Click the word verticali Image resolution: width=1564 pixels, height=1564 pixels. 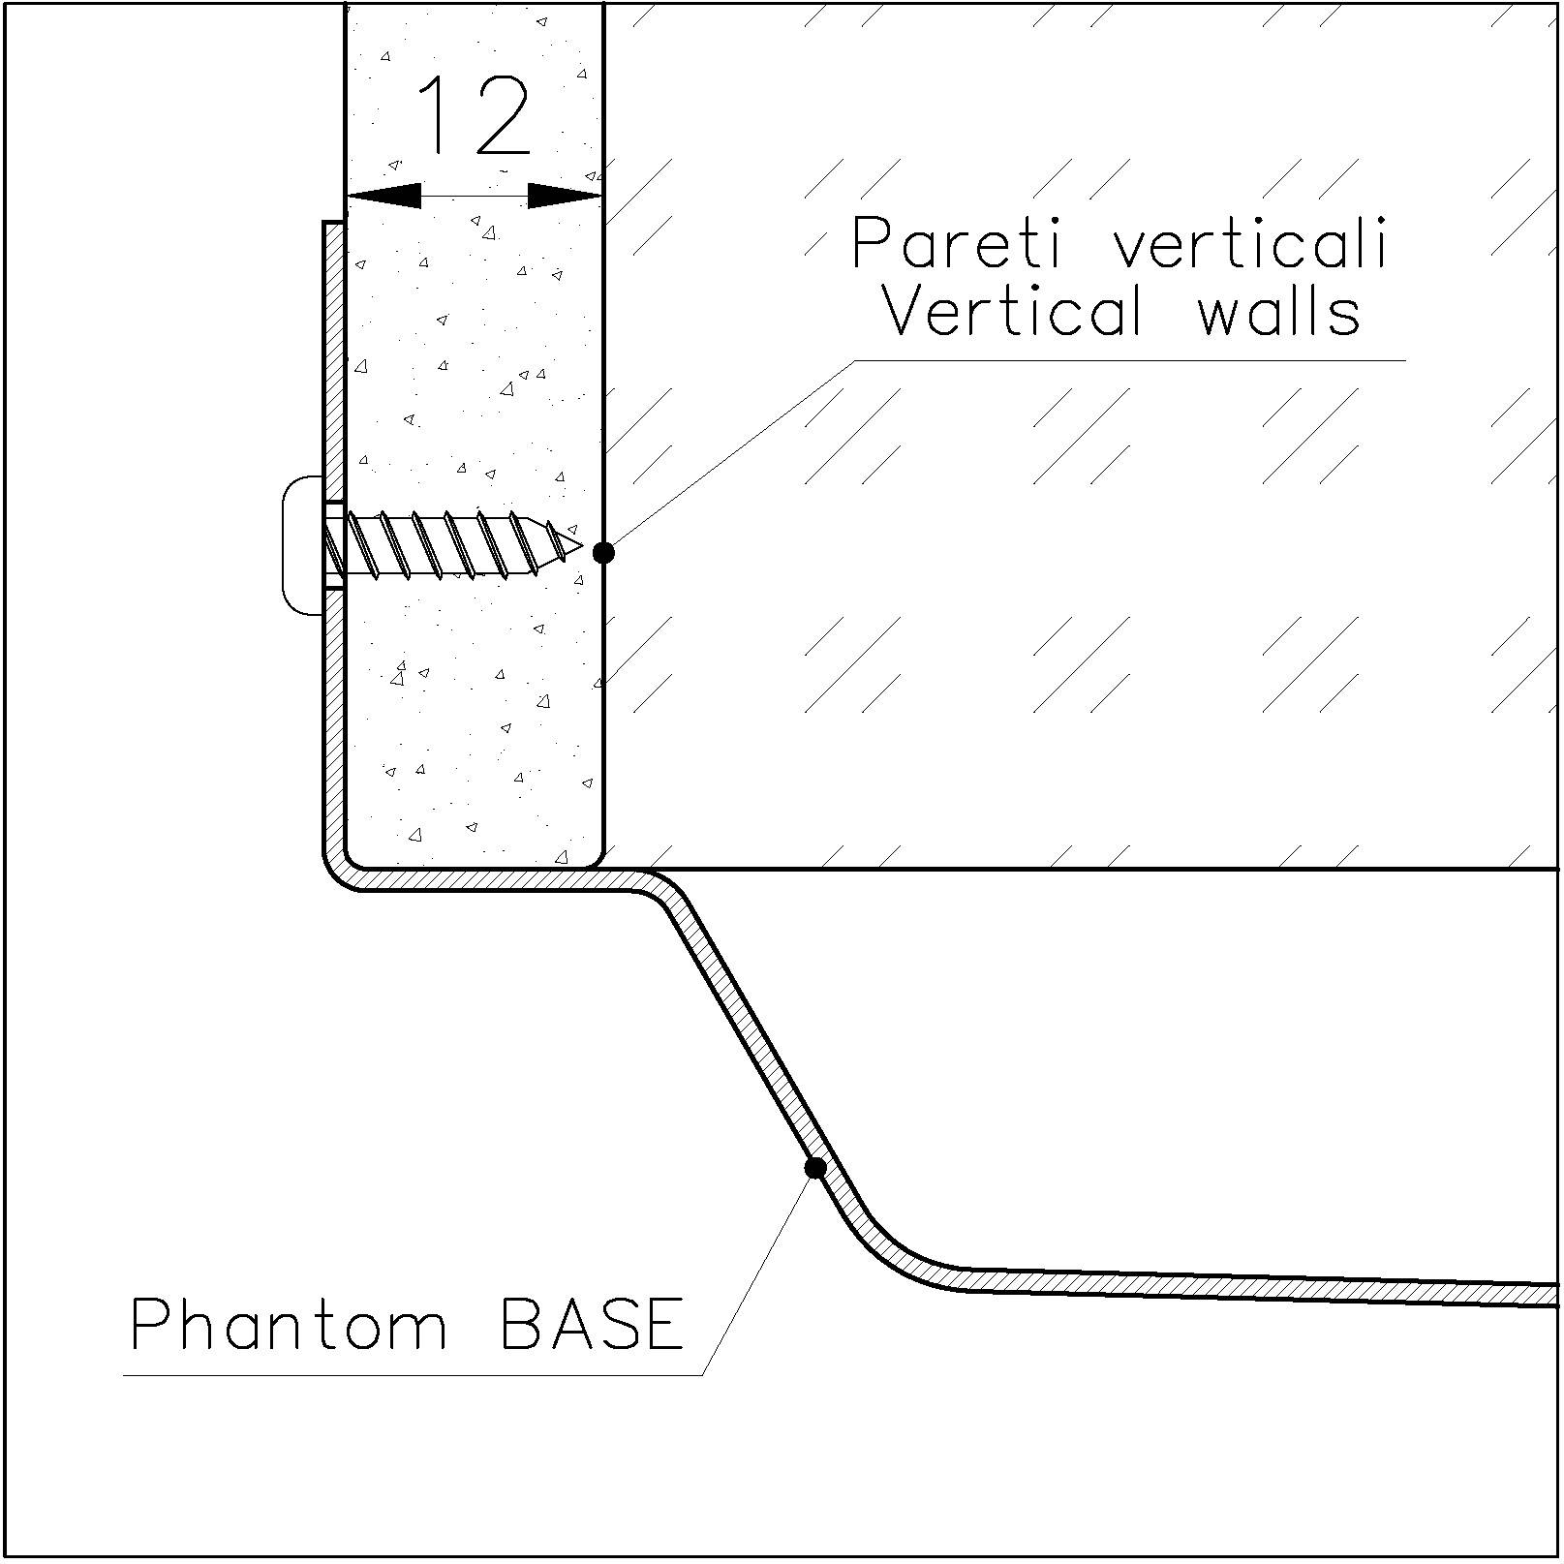1251,243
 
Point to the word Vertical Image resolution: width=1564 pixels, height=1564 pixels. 1012,313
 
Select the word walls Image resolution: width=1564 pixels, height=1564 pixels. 1278,313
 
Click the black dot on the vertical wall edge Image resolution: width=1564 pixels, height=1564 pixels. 603,552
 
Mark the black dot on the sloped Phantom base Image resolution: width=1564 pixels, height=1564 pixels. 815,1168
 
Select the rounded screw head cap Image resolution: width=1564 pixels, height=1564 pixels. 301,544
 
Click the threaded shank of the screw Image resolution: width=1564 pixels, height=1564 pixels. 445,545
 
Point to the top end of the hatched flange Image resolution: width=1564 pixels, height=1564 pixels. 334,226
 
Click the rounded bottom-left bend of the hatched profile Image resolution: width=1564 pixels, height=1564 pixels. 339,871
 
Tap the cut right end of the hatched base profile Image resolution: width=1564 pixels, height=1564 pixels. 1552,1295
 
